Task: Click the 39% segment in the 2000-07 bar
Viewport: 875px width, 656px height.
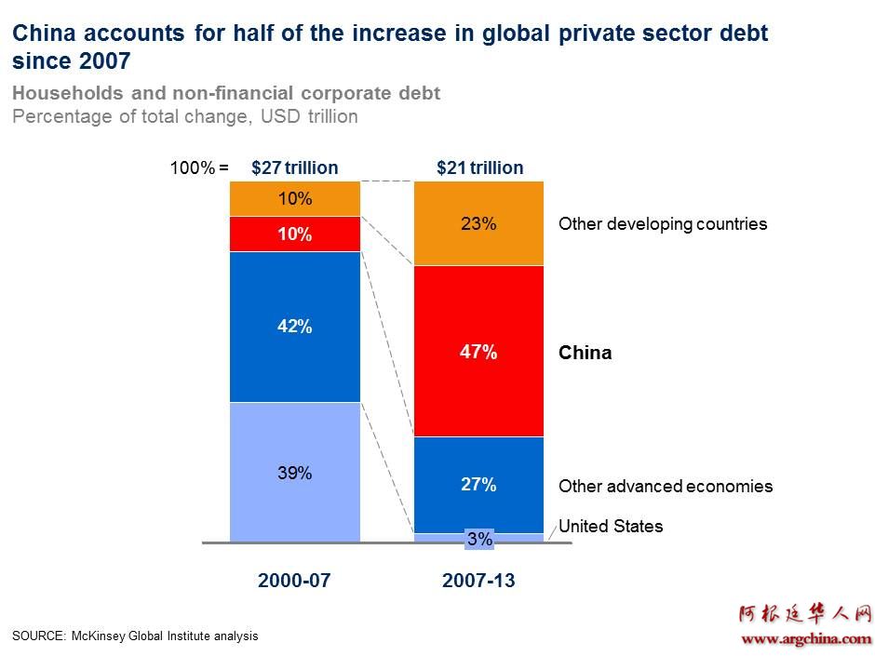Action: pyautogui.click(x=294, y=472)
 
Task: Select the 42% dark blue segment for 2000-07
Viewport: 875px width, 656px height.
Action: pyautogui.click(x=294, y=327)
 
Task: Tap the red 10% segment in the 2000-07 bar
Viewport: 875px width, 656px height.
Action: pyautogui.click(x=294, y=234)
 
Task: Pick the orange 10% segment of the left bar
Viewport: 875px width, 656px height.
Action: pyautogui.click(x=294, y=199)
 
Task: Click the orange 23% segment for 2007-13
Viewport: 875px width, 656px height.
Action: pyautogui.click(x=478, y=223)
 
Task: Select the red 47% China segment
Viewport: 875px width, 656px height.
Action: pyautogui.click(x=478, y=352)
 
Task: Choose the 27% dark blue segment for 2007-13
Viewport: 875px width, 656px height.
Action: pyautogui.click(x=478, y=485)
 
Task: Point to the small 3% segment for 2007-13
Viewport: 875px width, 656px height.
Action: pyautogui.click(x=478, y=538)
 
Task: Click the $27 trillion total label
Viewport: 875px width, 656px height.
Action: pyautogui.click(x=294, y=168)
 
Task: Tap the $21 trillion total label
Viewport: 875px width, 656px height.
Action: pyautogui.click(x=479, y=168)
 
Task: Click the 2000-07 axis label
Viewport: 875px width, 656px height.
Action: pyautogui.click(x=294, y=581)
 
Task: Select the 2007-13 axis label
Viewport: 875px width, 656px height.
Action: pyautogui.click(x=478, y=581)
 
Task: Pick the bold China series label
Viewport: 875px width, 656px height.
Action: pyautogui.click(x=585, y=353)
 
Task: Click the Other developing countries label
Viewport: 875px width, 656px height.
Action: pyautogui.click(x=662, y=224)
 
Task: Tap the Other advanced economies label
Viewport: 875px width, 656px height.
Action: pyautogui.click(x=665, y=487)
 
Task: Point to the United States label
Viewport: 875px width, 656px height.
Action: pyautogui.click(x=611, y=527)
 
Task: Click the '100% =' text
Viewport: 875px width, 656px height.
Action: pyautogui.click(x=198, y=168)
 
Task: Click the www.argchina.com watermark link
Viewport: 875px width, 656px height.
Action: pyautogui.click(x=805, y=638)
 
